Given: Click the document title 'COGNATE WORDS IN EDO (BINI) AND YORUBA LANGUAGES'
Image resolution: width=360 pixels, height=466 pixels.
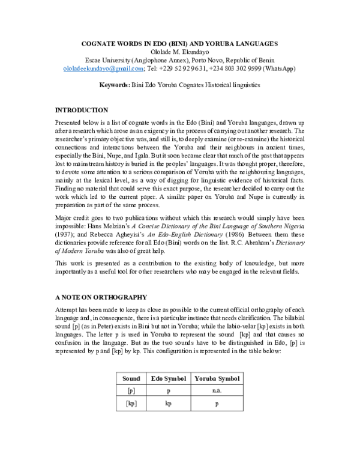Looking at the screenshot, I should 179,44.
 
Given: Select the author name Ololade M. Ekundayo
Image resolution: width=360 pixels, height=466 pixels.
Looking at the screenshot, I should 179,52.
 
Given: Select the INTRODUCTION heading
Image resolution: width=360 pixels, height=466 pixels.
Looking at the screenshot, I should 82,110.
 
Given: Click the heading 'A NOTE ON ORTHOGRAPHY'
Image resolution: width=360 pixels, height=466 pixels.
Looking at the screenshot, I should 101,297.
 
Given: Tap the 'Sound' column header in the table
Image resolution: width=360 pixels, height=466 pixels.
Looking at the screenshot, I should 131,378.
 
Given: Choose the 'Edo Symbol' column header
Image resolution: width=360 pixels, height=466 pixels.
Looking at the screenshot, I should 168,378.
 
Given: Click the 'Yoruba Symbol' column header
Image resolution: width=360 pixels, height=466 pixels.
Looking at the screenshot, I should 217,378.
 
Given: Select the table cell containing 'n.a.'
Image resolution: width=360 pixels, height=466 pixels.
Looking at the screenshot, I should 217,390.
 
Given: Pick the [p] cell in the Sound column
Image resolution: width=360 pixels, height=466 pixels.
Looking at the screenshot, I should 131,390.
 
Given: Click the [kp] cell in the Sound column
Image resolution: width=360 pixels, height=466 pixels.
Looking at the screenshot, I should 131,404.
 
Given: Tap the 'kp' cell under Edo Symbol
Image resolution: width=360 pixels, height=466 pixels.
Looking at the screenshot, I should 168,404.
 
